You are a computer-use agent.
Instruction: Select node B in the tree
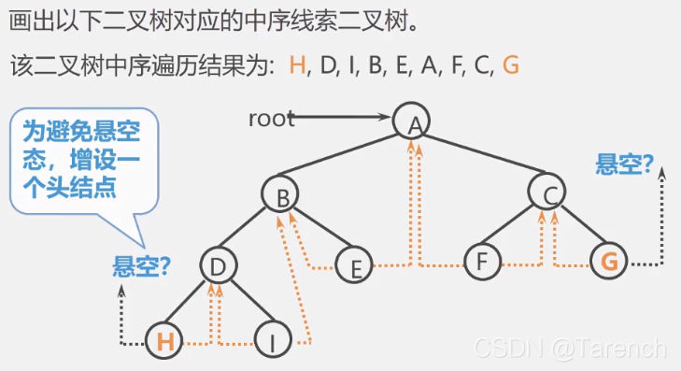(x=279, y=194)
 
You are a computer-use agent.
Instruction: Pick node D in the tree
(x=219, y=267)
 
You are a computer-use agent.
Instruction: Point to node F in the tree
(x=482, y=262)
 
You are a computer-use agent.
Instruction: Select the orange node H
(x=165, y=341)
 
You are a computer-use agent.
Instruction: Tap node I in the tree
(x=272, y=342)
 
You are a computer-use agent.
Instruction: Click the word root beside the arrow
(x=271, y=119)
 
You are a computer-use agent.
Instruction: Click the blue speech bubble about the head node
(x=82, y=160)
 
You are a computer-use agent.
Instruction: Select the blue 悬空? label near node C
(x=624, y=164)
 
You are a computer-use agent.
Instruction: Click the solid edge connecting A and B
(x=346, y=157)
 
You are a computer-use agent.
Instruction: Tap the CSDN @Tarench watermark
(x=570, y=348)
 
